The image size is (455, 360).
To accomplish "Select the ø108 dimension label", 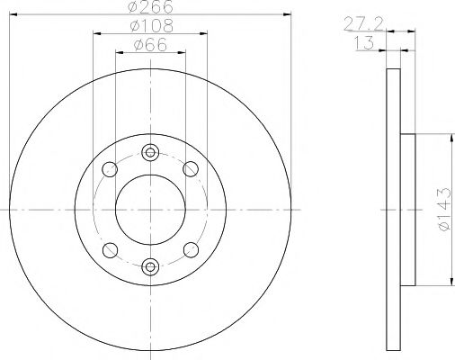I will click(149, 27).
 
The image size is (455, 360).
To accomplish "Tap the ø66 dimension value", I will click(149, 46).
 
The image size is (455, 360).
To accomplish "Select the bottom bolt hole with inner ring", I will click(150, 265).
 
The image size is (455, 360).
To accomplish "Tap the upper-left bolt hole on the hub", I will click(111, 168).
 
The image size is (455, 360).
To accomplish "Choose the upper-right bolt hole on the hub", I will click(190, 168).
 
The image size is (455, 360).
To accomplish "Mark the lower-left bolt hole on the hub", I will click(111, 249).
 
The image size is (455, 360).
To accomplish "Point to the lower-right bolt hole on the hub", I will click(190, 249).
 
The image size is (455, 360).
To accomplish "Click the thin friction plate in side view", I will click(392, 210).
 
